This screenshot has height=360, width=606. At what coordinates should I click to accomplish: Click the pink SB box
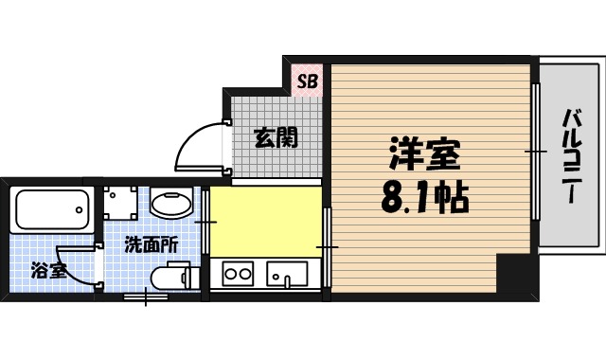[307, 81]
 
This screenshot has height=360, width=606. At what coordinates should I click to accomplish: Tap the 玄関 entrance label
[276, 138]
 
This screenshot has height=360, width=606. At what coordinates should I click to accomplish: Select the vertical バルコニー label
[571, 156]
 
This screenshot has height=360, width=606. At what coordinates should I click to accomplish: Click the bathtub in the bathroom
[53, 208]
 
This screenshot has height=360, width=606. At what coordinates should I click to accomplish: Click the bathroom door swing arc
[76, 267]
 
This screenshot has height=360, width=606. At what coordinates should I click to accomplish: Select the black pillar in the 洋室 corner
[515, 276]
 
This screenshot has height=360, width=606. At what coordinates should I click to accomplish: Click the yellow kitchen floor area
[265, 222]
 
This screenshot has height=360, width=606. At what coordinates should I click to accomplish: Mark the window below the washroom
[148, 297]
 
